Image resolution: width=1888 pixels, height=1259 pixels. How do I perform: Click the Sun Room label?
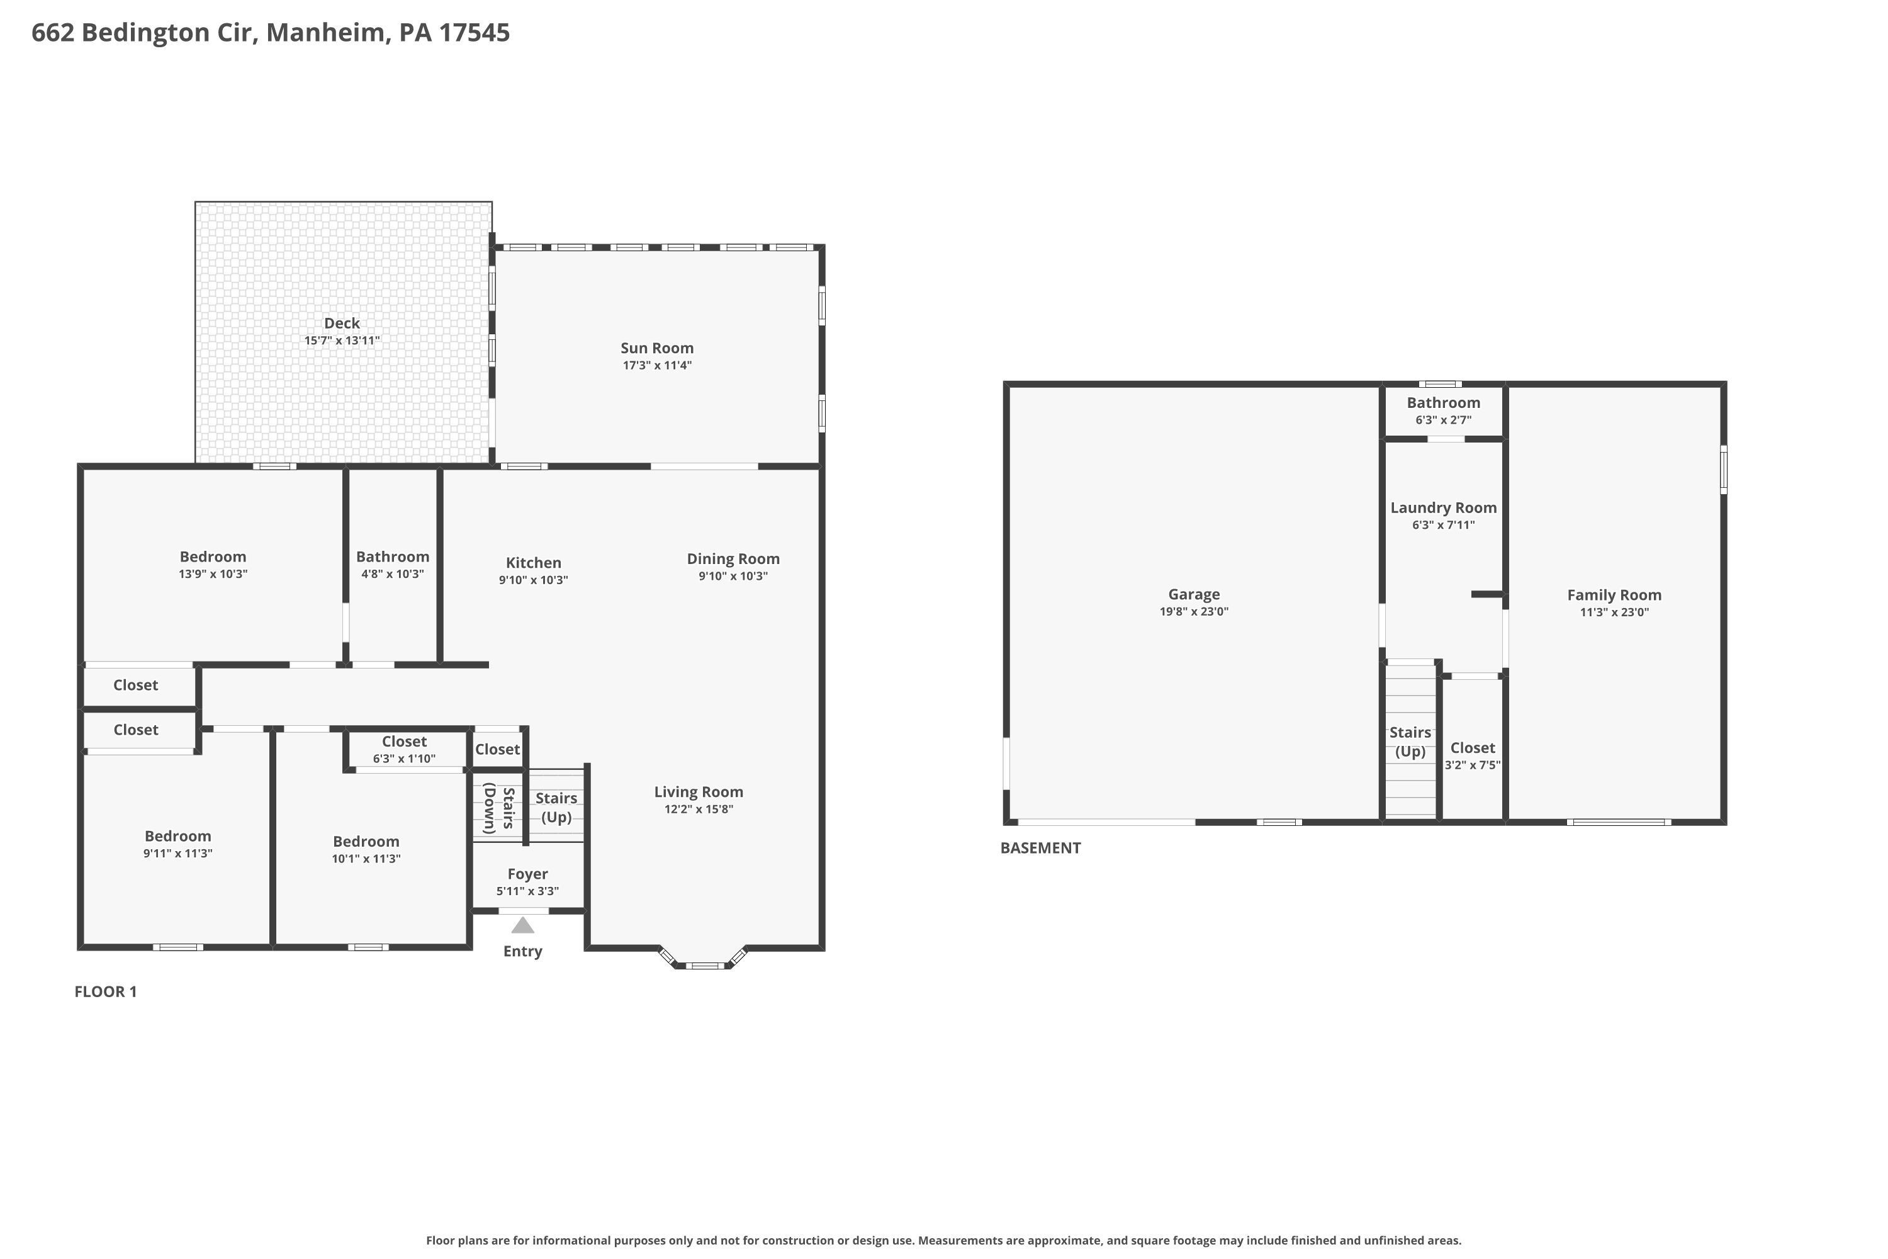click(x=656, y=347)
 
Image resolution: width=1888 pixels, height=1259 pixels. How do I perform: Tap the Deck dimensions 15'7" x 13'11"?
click(x=342, y=341)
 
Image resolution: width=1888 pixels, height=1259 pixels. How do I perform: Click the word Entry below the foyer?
click(x=522, y=951)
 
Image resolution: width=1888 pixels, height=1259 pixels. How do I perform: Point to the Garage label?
click(x=1194, y=594)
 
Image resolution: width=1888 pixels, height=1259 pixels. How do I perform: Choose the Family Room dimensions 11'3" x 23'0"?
click(x=1614, y=612)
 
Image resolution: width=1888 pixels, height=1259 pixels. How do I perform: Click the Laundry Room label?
click(x=1443, y=507)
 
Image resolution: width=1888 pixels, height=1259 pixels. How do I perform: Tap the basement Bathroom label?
click(x=1443, y=402)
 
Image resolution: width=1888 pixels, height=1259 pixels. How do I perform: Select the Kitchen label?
click(x=533, y=563)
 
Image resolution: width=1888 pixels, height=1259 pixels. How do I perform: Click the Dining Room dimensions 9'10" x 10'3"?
click(x=733, y=576)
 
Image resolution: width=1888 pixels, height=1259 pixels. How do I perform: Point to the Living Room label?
click(x=699, y=792)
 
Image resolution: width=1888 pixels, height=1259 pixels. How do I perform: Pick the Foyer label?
click(x=527, y=874)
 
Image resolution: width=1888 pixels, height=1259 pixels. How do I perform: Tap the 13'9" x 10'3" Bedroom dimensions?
click(x=213, y=574)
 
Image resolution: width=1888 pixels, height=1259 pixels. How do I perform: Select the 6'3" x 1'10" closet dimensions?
click(x=404, y=759)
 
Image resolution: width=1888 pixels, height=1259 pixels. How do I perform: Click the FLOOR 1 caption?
click(x=106, y=991)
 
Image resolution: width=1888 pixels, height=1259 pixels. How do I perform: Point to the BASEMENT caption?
click(x=1040, y=848)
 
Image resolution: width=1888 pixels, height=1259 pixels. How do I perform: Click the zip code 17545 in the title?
click(x=474, y=32)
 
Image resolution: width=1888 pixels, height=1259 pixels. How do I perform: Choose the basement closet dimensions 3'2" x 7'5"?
click(x=1472, y=765)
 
